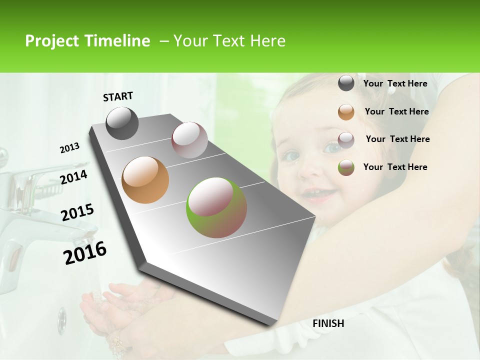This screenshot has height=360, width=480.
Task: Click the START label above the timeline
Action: tap(118, 96)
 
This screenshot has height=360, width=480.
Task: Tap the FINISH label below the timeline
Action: tap(328, 323)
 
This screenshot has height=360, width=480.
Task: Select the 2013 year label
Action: tap(69, 148)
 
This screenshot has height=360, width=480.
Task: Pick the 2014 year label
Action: tap(73, 177)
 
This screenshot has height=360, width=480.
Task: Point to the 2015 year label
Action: tap(77, 212)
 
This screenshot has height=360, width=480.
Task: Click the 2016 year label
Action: tap(85, 253)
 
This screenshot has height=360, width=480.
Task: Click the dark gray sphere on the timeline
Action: tap(122, 123)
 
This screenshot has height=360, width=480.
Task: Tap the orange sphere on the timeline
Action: tap(145, 180)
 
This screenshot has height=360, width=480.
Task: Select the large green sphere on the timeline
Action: tap(216, 207)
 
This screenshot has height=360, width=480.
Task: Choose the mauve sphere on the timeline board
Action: tap(189, 140)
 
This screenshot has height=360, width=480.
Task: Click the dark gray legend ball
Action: tap(346, 83)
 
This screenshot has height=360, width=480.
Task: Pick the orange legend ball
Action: tap(346, 112)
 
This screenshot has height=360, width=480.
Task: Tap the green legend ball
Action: tap(346, 167)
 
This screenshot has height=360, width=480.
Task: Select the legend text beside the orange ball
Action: tap(396, 111)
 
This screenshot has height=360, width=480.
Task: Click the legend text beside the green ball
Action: tap(395, 167)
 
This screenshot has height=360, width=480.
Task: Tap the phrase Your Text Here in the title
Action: tap(229, 41)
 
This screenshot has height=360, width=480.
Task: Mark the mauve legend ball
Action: tap(346, 140)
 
